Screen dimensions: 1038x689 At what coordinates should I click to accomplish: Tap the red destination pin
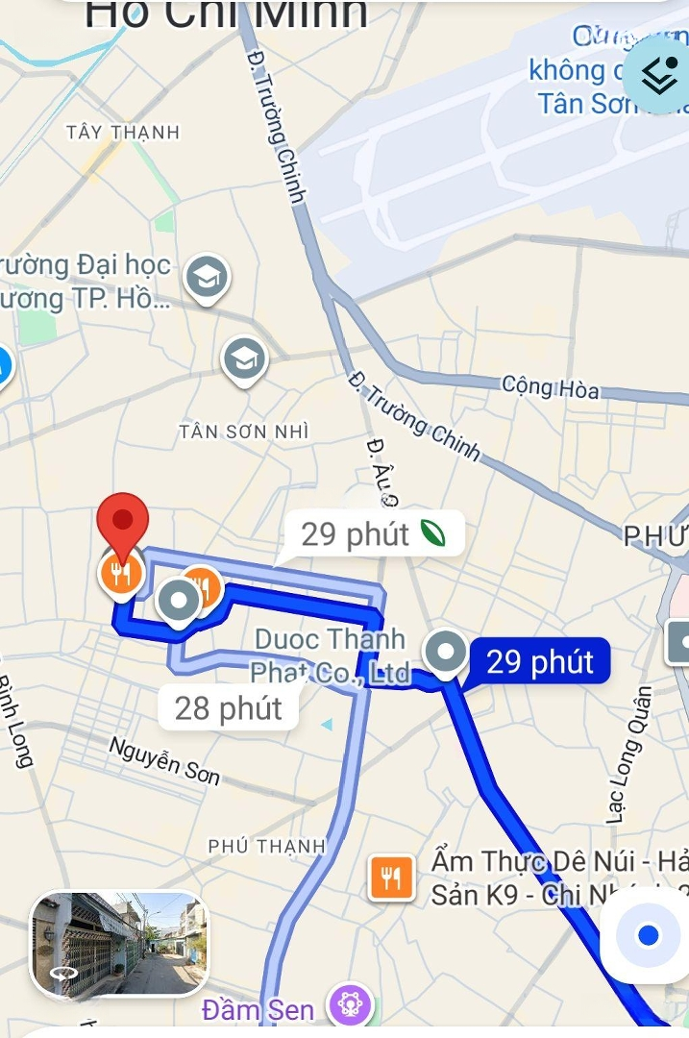[x=123, y=522]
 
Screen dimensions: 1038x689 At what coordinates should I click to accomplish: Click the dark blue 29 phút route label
[x=539, y=662]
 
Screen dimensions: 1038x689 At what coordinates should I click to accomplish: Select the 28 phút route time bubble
[x=228, y=709]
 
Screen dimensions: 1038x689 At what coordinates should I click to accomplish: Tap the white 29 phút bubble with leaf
[x=375, y=534]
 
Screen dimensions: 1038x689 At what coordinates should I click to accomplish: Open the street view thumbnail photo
[x=119, y=944]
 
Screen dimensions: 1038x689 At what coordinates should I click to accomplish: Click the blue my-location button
[x=647, y=935]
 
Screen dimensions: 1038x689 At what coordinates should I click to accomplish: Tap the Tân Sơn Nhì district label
[x=244, y=432]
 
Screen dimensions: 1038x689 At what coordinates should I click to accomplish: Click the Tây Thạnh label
[x=123, y=133]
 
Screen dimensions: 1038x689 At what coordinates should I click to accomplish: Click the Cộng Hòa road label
[x=551, y=388]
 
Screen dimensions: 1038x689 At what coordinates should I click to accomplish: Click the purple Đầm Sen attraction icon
[x=349, y=1005]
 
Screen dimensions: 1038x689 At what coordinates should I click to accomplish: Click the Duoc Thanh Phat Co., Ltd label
[x=332, y=656]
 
